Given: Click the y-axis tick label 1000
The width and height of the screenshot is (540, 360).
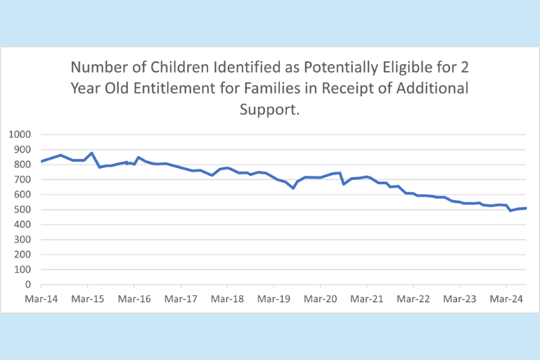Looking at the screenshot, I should click(x=20, y=134).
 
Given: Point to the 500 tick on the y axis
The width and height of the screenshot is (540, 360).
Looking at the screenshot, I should click(x=22, y=210).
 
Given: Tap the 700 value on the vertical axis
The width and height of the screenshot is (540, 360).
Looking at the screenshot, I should click(x=22, y=179).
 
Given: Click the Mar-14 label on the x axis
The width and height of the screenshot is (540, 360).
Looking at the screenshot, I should click(x=41, y=298).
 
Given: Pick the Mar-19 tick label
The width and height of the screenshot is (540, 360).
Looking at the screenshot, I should click(x=274, y=298).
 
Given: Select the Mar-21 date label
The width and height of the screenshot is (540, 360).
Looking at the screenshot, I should click(x=366, y=298).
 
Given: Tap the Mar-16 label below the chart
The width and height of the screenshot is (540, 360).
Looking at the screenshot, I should click(x=134, y=298).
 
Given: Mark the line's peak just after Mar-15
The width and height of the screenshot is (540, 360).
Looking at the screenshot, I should click(x=92, y=153).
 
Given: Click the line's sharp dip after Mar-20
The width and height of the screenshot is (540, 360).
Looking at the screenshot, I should click(x=343, y=184).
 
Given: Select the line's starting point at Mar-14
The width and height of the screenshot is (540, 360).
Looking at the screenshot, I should click(x=41, y=162).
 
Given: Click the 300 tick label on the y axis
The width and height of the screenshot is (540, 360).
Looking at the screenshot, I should click(x=22, y=240).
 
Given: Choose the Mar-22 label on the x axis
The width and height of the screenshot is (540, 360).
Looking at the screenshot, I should click(x=413, y=298).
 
